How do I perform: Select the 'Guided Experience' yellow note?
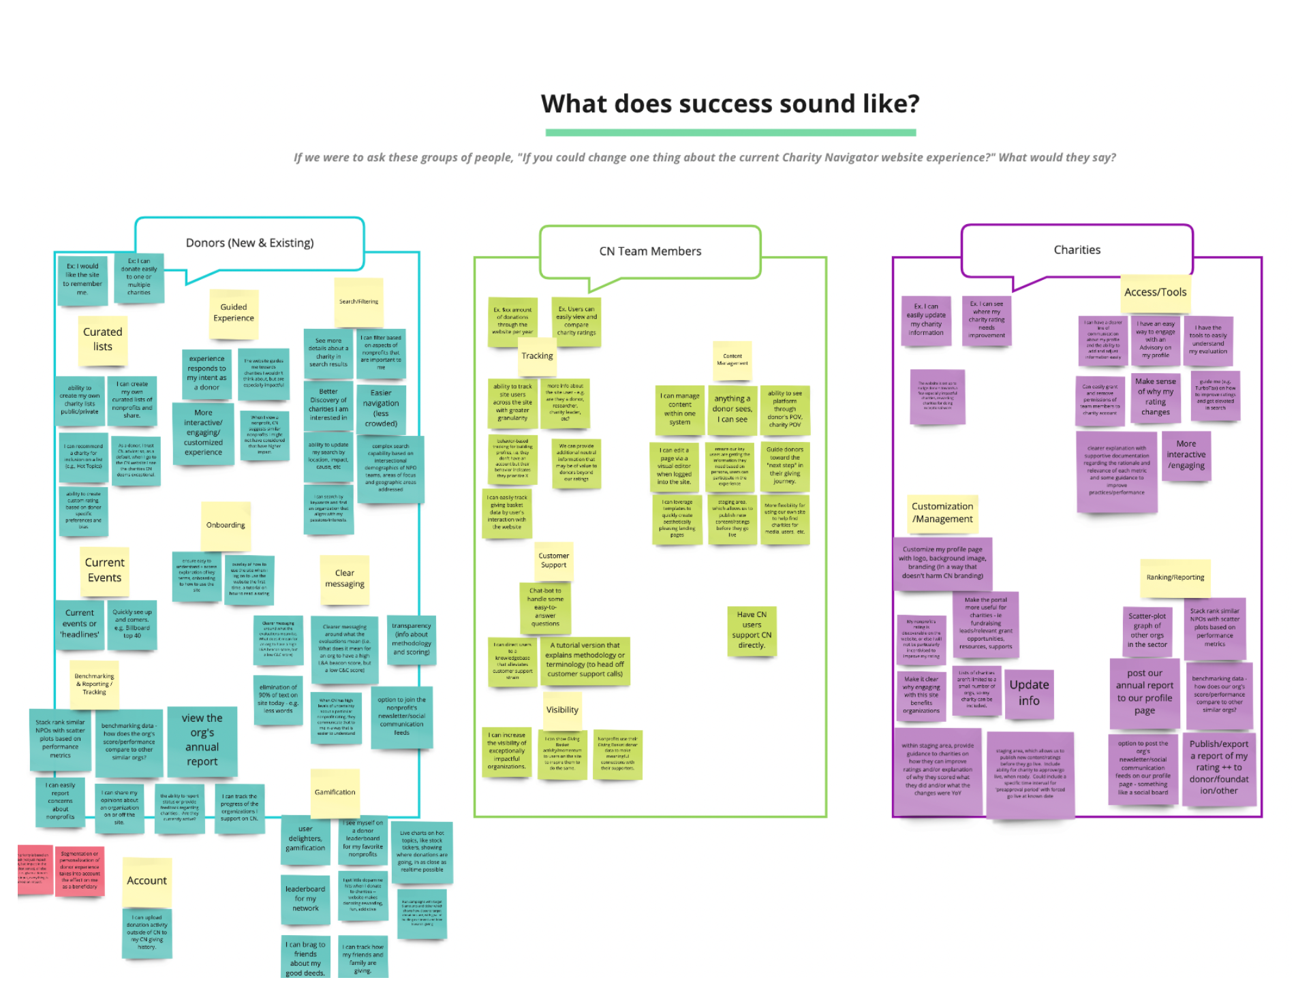click(x=234, y=313)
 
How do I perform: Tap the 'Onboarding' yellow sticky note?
click(x=226, y=525)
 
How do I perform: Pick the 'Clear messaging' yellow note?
click(x=345, y=579)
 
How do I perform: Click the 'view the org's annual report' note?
click(x=202, y=740)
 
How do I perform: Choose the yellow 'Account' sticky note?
click(x=146, y=881)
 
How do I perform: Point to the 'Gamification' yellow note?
click(x=335, y=793)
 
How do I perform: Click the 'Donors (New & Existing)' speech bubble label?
click(x=249, y=243)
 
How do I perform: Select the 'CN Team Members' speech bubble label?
click(x=650, y=251)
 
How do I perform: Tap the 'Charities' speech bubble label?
click(x=1077, y=250)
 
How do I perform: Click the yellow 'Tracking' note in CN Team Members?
click(x=538, y=356)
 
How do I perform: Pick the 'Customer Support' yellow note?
click(x=553, y=560)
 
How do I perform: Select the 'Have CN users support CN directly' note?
click(x=752, y=630)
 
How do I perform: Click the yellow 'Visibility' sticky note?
click(x=562, y=710)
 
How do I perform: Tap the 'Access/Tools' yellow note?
click(x=1155, y=293)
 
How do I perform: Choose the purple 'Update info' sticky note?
click(x=1029, y=693)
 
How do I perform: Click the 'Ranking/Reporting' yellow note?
click(x=1175, y=577)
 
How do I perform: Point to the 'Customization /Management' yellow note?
click(x=942, y=513)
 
